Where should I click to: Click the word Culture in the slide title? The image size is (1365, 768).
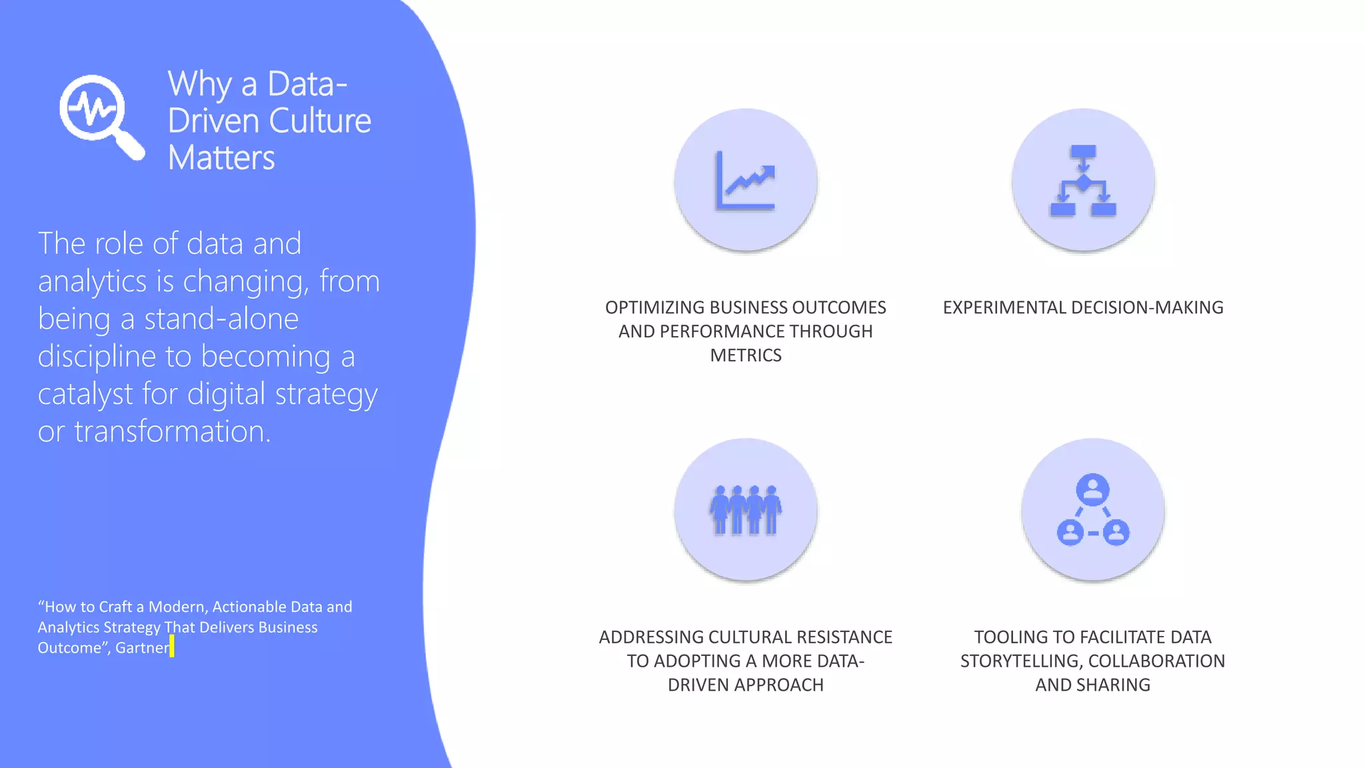point(320,121)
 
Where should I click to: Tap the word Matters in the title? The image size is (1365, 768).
point(221,158)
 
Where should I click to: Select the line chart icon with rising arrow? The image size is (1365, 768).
point(746,181)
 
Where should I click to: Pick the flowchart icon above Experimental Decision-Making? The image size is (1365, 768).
point(1083,181)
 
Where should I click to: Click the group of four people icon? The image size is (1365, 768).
point(746,510)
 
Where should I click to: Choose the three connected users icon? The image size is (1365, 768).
point(1093,510)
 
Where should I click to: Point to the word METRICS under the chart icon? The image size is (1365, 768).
point(746,355)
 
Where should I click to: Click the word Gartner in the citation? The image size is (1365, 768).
point(142,648)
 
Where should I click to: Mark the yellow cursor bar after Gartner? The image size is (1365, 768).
point(172,646)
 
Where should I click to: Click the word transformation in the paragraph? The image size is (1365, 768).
point(172,432)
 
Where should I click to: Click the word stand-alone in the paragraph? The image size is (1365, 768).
point(221,319)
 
